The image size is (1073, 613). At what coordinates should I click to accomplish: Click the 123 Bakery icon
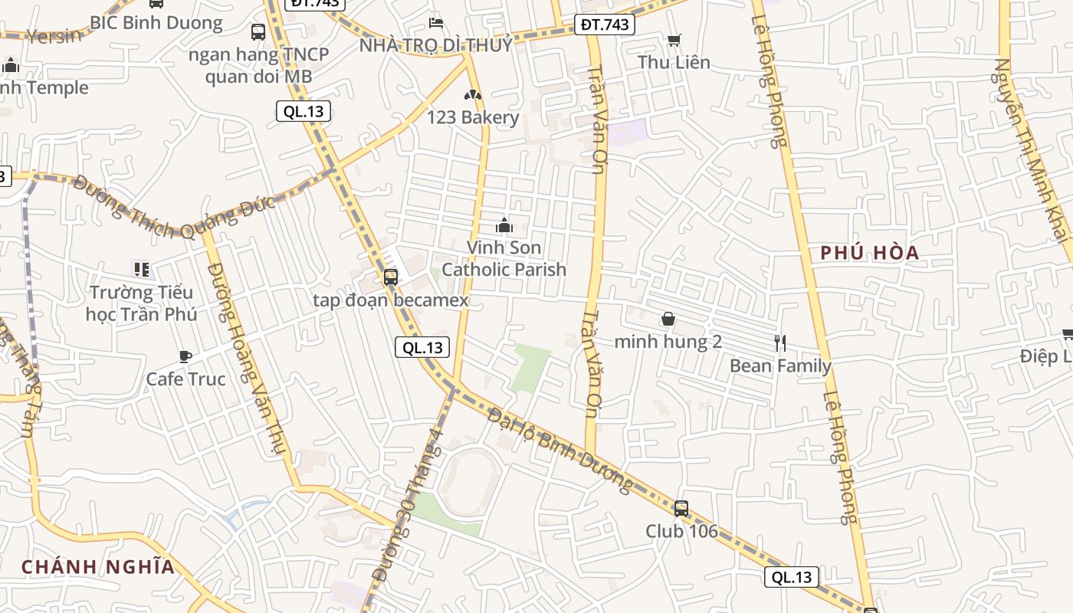(x=473, y=96)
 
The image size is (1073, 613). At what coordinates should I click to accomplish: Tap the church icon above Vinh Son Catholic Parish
(x=504, y=225)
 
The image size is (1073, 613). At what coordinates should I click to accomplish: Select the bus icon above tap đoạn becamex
(x=391, y=277)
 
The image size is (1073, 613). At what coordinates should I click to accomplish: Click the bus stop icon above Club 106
(x=681, y=508)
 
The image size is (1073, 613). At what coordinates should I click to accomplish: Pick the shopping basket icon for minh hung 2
(x=668, y=319)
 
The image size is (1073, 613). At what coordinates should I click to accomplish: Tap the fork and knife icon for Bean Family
(x=780, y=343)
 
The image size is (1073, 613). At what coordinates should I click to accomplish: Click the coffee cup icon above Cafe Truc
(x=185, y=356)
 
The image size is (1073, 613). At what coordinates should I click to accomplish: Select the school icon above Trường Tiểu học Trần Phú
(x=142, y=269)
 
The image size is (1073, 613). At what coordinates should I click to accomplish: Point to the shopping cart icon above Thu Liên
(x=674, y=40)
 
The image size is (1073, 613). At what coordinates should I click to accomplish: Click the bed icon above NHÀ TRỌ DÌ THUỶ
(x=436, y=22)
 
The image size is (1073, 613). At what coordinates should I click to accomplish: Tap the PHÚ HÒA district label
(x=869, y=253)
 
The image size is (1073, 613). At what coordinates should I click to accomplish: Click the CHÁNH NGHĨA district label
(x=98, y=567)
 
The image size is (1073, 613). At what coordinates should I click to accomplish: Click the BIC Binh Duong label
(x=156, y=22)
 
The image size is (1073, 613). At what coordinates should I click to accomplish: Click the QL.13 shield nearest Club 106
(x=791, y=577)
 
